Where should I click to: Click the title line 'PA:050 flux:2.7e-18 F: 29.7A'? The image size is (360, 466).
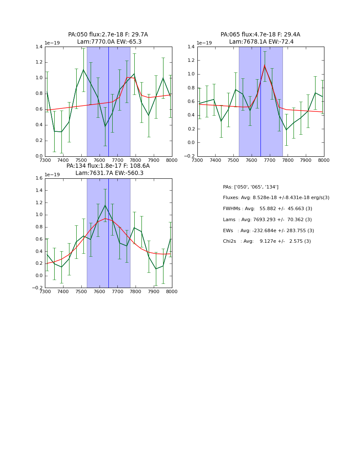[108, 35]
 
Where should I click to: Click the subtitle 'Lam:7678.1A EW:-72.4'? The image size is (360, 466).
[261, 42]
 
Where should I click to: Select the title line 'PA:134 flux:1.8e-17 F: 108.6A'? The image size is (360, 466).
[108, 166]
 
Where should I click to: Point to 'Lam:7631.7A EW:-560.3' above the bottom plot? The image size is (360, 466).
[109, 173]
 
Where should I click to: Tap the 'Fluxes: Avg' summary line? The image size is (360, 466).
[276, 198]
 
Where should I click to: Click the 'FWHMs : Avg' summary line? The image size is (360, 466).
[267, 209]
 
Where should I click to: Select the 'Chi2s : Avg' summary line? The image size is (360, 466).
[266, 241]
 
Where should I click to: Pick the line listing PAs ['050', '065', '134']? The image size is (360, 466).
[250, 187]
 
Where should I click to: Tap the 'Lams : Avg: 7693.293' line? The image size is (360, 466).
[267, 220]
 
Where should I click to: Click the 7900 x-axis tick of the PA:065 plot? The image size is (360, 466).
[306, 161]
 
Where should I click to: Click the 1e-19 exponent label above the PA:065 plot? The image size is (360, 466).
[204, 43]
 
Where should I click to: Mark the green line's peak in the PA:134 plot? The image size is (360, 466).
[105, 205]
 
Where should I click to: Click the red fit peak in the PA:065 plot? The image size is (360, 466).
[265, 65]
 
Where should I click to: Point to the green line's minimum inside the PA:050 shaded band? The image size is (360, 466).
[105, 126]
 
